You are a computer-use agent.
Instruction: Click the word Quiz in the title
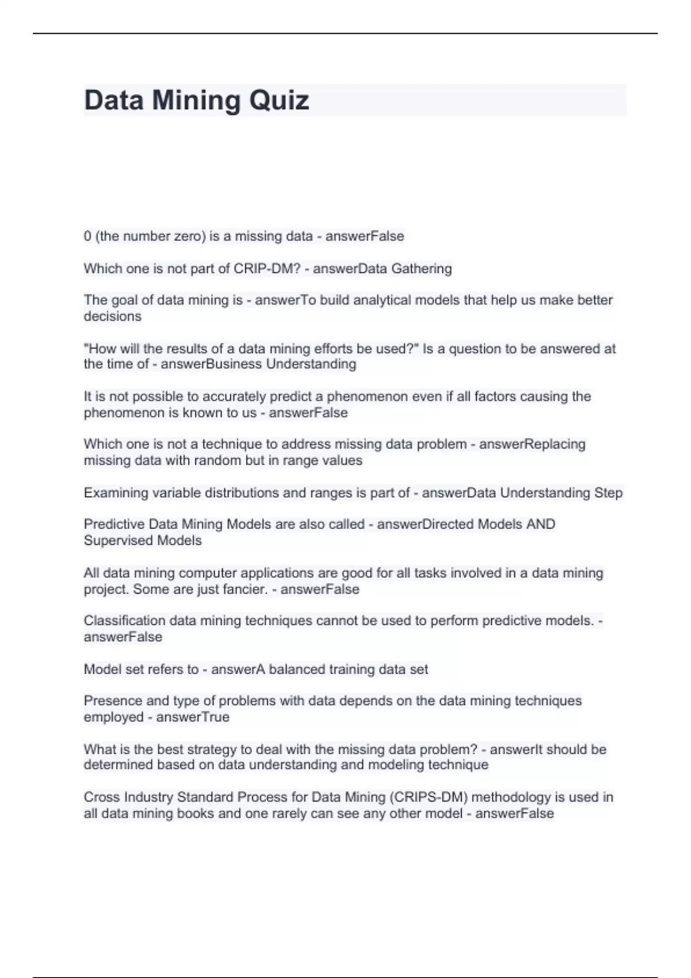tap(279, 101)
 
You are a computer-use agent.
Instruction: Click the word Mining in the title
tap(196, 101)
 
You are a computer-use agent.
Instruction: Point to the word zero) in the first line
tap(188, 236)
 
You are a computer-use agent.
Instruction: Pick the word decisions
tap(112, 316)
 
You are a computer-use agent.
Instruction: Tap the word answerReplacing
tap(532, 444)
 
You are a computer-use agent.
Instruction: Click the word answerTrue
tap(192, 717)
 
